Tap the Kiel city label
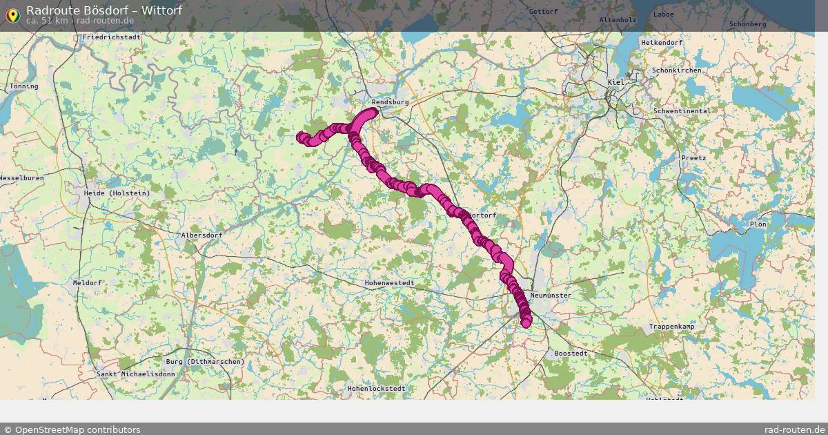(615, 82)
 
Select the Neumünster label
(551, 296)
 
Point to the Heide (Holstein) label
(117, 193)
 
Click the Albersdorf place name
(201, 235)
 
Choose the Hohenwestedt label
(390, 283)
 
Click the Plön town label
(758, 224)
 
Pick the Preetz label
(693, 158)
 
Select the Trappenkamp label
(671, 327)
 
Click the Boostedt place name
(571, 354)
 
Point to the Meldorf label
(87, 283)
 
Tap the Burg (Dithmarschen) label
(205, 362)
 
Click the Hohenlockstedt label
(376, 389)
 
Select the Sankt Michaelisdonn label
(136, 374)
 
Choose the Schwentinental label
(681, 111)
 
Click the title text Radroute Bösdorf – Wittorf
(104, 10)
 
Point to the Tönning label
(24, 86)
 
